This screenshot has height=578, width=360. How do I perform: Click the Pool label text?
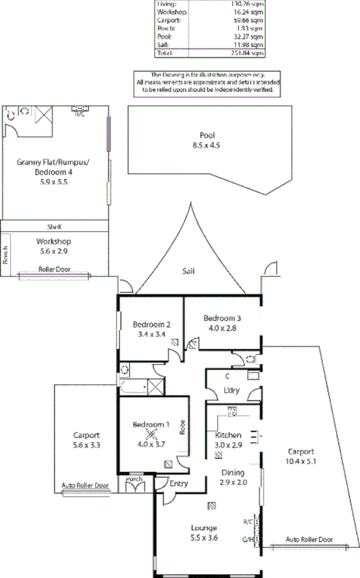click(206, 134)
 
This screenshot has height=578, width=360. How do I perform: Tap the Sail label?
click(188, 271)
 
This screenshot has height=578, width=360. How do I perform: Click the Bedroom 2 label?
click(151, 325)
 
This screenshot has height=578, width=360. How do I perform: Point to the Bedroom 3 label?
click(222, 318)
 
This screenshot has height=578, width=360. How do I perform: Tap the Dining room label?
click(233, 472)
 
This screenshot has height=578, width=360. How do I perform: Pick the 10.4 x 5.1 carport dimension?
click(302, 461)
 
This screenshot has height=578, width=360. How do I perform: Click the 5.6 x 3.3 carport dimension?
click(86, 446)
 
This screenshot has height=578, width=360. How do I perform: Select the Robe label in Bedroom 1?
click(182, 427)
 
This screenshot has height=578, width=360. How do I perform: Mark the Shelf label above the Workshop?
click(54, 226)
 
